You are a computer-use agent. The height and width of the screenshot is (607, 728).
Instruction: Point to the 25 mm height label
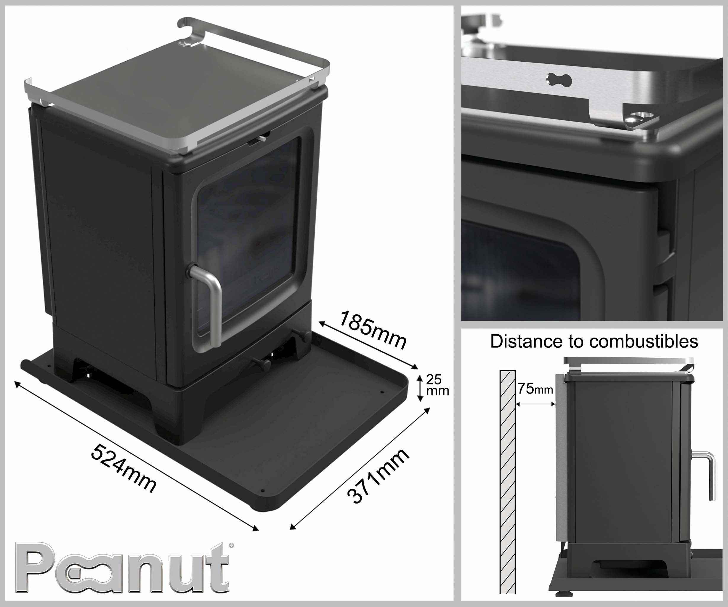coord(437,385)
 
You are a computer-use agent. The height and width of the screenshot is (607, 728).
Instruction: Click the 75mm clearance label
coord(535,389)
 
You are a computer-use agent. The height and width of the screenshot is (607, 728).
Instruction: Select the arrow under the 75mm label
coord(535,404)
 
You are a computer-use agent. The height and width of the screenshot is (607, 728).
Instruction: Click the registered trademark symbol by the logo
coord(231,545)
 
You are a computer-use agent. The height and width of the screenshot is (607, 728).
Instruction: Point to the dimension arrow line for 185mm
coord(368,345)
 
